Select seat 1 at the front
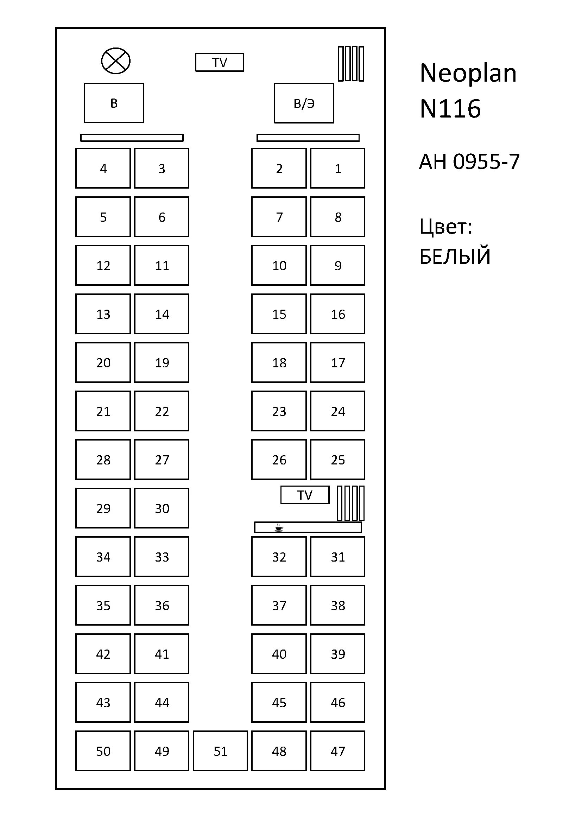337,168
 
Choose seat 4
103,168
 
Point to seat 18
279,362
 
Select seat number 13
103,314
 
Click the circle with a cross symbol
116,61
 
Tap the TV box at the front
220,63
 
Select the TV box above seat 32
305,495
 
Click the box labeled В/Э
304,103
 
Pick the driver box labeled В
114,103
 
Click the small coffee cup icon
278,528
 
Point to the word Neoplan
468,73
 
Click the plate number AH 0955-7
469,161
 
